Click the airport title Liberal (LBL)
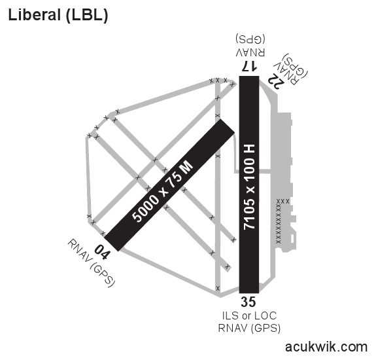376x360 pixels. pos(58,14)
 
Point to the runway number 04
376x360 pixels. pos(102,249)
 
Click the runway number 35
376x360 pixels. pos(248,302)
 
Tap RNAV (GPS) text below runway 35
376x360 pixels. pos(248,328)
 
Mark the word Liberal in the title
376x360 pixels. pos(34,14)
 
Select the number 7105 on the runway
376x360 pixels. pos(249,214)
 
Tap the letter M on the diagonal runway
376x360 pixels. pos(188,168)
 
